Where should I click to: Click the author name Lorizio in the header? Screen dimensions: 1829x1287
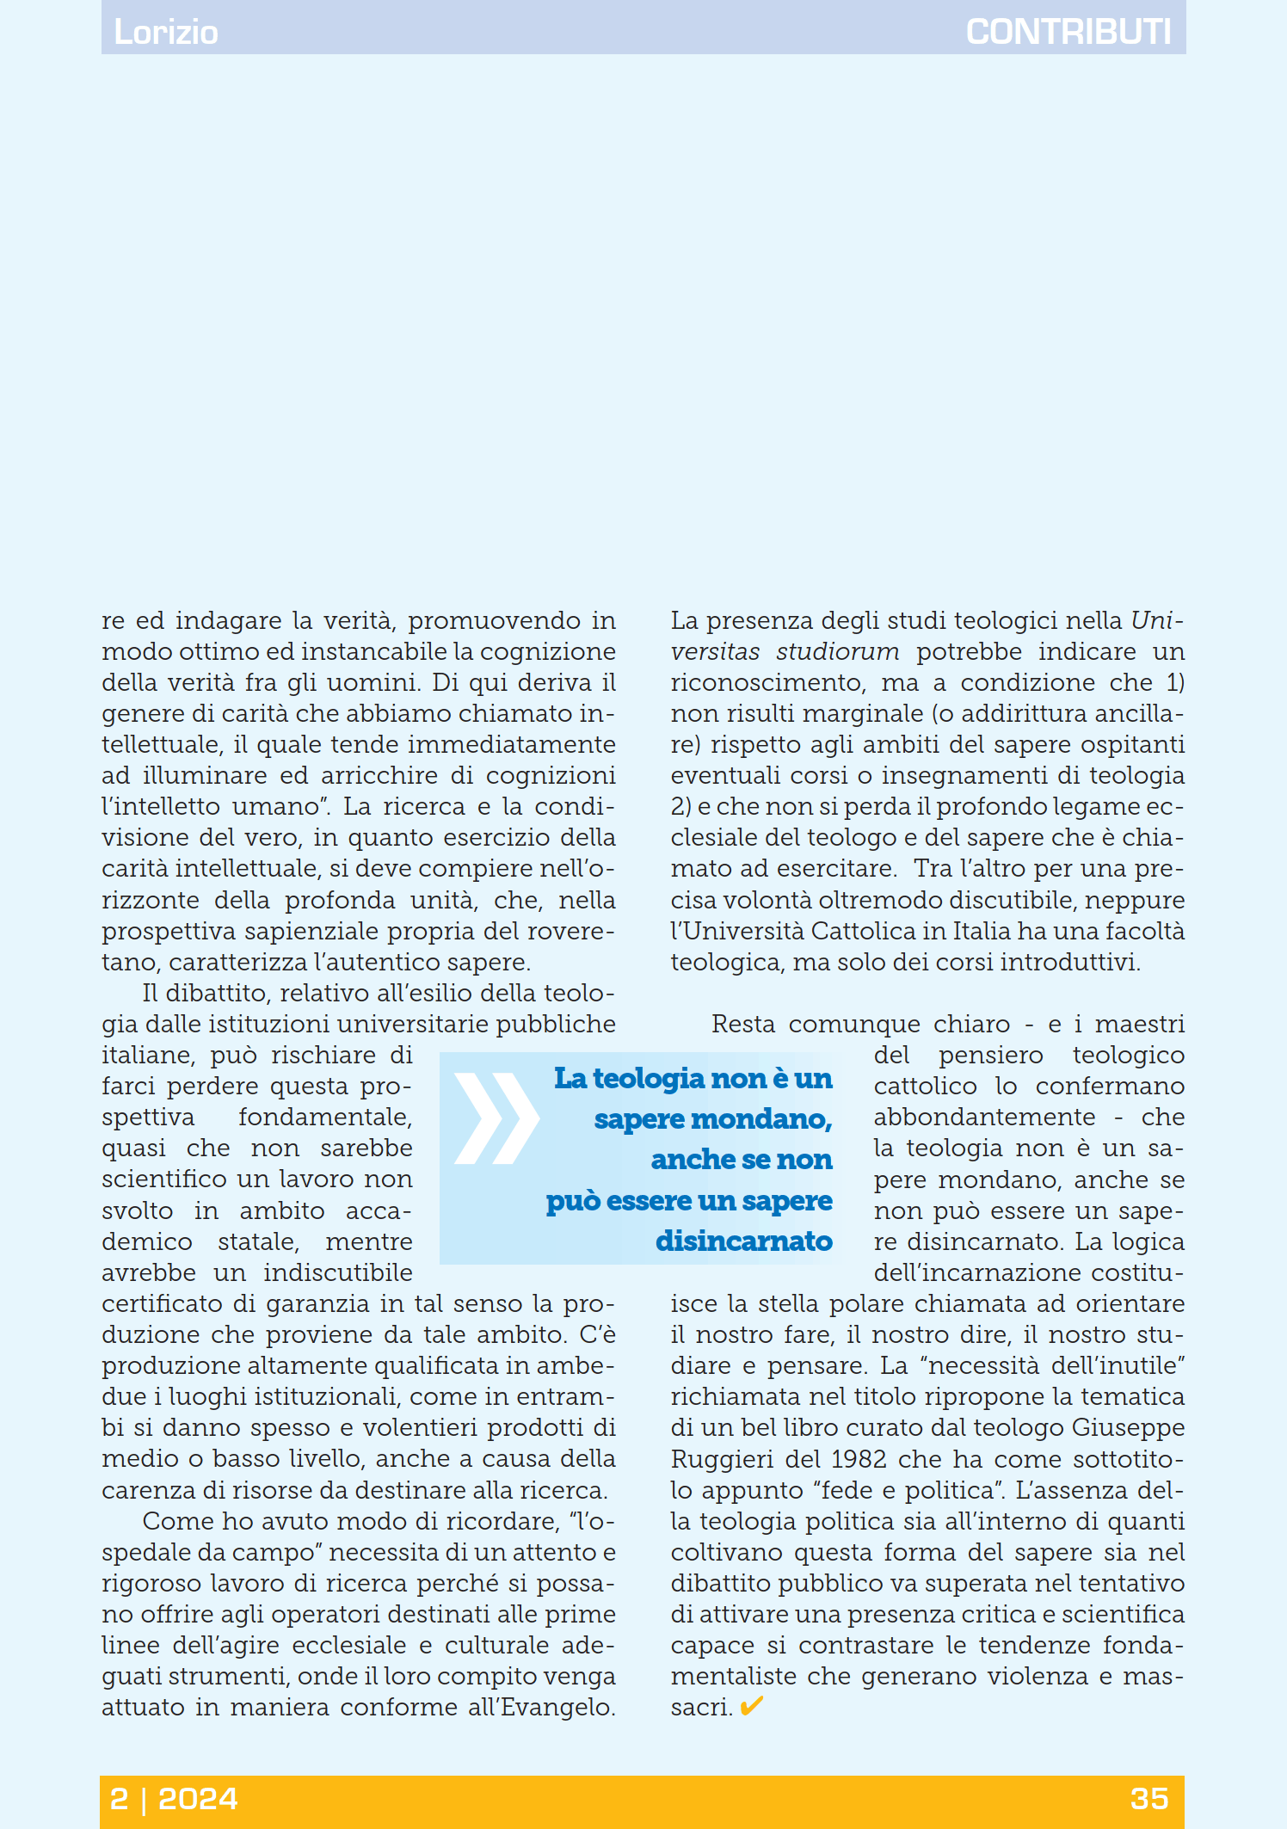[166, 32]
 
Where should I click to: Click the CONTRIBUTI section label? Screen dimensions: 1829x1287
[1068, 32]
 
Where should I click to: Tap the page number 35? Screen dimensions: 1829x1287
[1149, 1798]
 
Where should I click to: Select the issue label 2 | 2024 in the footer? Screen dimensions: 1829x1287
[174, 1798]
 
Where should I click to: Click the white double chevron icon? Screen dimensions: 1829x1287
[496, 1118]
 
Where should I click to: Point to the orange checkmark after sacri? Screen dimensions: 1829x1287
[751, 1706]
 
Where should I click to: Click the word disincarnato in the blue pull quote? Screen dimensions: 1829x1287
[743, 1241]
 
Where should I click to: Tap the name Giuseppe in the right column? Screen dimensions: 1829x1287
[1128, 1428]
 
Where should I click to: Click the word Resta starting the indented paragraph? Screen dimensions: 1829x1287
[742, 1024]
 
